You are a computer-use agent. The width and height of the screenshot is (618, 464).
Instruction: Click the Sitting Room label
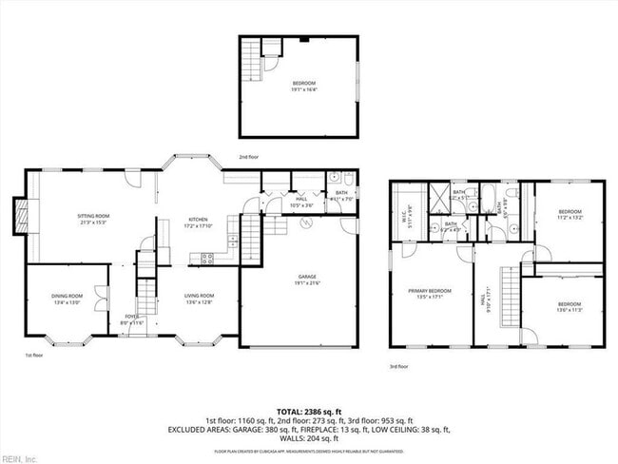click(x=93, y=219)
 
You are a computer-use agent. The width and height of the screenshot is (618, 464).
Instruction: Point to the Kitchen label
click(x=197, y=222)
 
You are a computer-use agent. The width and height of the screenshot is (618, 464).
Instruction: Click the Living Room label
click(x=199, y=299)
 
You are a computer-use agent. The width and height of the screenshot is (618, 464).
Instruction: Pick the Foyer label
click(x=132, y=319)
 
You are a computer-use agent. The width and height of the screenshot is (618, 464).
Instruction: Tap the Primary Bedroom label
click(x=430, y=293)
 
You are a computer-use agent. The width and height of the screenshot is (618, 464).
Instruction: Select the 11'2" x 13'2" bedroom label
click(x=570, y=214)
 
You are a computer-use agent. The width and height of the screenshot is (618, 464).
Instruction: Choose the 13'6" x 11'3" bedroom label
click(x=570, y=307)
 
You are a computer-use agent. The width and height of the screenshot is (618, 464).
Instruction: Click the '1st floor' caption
click(x=34, y=355)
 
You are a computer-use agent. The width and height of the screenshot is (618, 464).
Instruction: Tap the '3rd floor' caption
click(x=398, y=366)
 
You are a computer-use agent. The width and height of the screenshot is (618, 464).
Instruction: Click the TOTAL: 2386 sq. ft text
click(x=309, y=410)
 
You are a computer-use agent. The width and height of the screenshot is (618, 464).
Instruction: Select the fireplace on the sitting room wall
click(x=20, y=216)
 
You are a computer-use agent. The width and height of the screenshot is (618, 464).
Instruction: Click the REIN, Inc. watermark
click(x=19, y=458)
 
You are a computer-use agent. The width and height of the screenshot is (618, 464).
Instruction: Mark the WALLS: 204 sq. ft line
click(x=309, y=438)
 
